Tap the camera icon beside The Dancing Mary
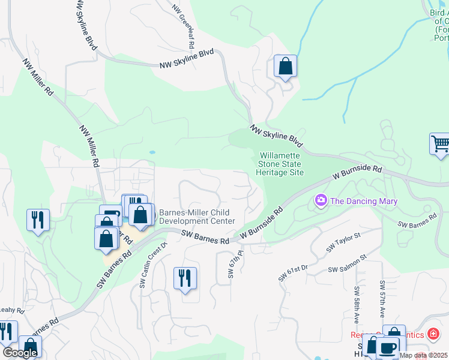[321, 200]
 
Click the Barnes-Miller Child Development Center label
[196, 217]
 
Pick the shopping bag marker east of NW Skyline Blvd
[285, 66]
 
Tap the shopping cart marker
[440, 145]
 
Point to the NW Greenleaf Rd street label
[184, 27]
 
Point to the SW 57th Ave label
[382, 298]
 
